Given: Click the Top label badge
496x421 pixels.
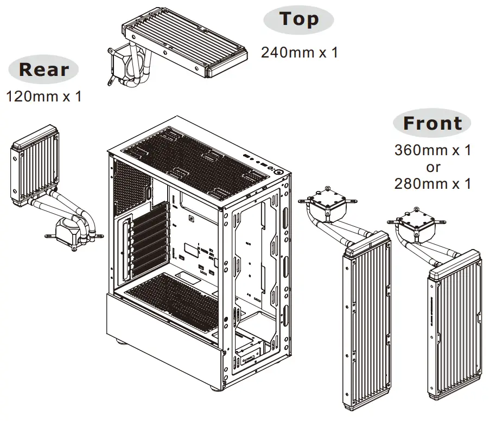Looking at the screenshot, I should tap(298, 20).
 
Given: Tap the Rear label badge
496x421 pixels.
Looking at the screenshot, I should tap(44, 70).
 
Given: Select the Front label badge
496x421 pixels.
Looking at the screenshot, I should tap(432, 123).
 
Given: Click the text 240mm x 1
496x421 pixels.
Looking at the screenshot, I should tap(299, 53).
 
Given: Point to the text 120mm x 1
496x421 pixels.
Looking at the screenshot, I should tap(43, 97).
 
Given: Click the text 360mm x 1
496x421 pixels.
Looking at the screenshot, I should tap(433, 150).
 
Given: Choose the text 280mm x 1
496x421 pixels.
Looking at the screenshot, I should tap(433, 183).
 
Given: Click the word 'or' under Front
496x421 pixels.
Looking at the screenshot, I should tap(433, 167).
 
